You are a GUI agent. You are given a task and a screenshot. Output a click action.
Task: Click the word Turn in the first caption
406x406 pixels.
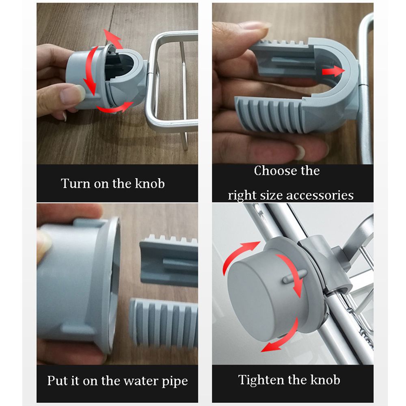(x=75, y=184)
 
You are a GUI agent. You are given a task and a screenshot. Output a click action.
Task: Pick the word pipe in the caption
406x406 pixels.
(x=175, y=381)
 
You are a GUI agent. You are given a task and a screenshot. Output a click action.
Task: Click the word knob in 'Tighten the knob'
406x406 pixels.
(x=325, y=380)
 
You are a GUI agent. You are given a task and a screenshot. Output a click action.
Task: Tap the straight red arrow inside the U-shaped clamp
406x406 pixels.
(x=333, y=71)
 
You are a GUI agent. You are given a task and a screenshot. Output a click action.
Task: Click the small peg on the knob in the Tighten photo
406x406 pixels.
(x=294, y=276)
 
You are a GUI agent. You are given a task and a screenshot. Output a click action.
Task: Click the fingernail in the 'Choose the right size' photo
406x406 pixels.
(x=300, y=152)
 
